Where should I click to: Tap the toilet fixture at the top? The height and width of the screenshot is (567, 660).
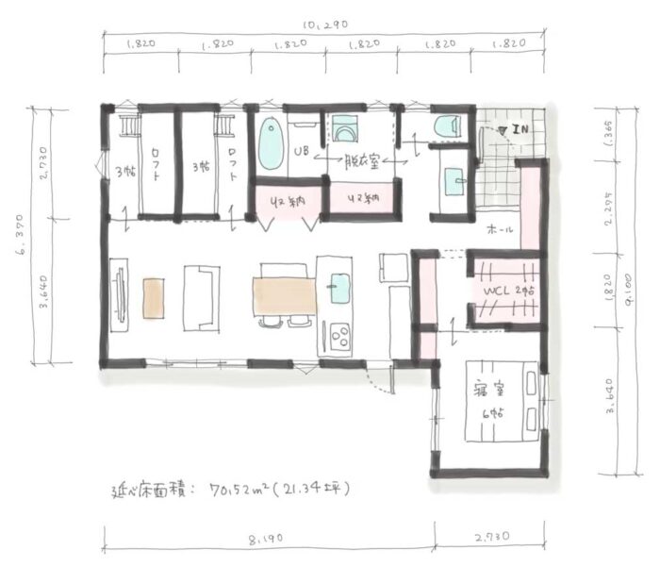click(x=443, y=125)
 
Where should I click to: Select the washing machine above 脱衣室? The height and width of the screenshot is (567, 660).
click(x=339, y=129)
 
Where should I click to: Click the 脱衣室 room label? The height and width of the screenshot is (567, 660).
click(x=361, y=160)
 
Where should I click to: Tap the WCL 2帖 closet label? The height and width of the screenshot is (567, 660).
click(x=504, y=293)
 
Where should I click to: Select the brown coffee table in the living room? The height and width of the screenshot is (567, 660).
click(x=152, y=298)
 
